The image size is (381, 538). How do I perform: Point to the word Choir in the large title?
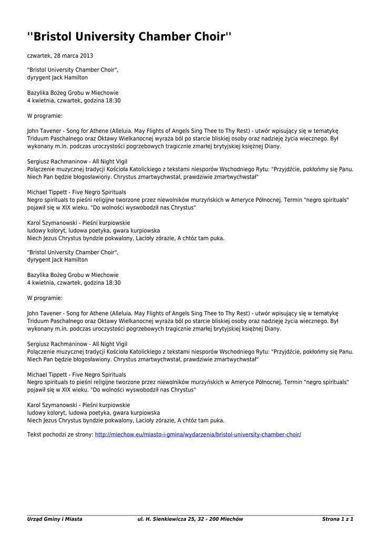(211, 37)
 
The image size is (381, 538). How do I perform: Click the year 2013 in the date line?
(87, 55)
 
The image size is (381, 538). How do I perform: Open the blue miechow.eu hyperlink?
(198, 434)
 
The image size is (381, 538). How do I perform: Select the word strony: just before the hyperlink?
(84, 434)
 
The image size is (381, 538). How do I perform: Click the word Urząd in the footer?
(35, 519)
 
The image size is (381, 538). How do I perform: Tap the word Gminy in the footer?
(54, 519)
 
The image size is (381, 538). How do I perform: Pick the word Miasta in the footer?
(74, 519)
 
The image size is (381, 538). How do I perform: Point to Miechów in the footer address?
(232, 519)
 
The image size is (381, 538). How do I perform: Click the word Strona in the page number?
(331, 519)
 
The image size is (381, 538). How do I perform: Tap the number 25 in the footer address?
(188, 519)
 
